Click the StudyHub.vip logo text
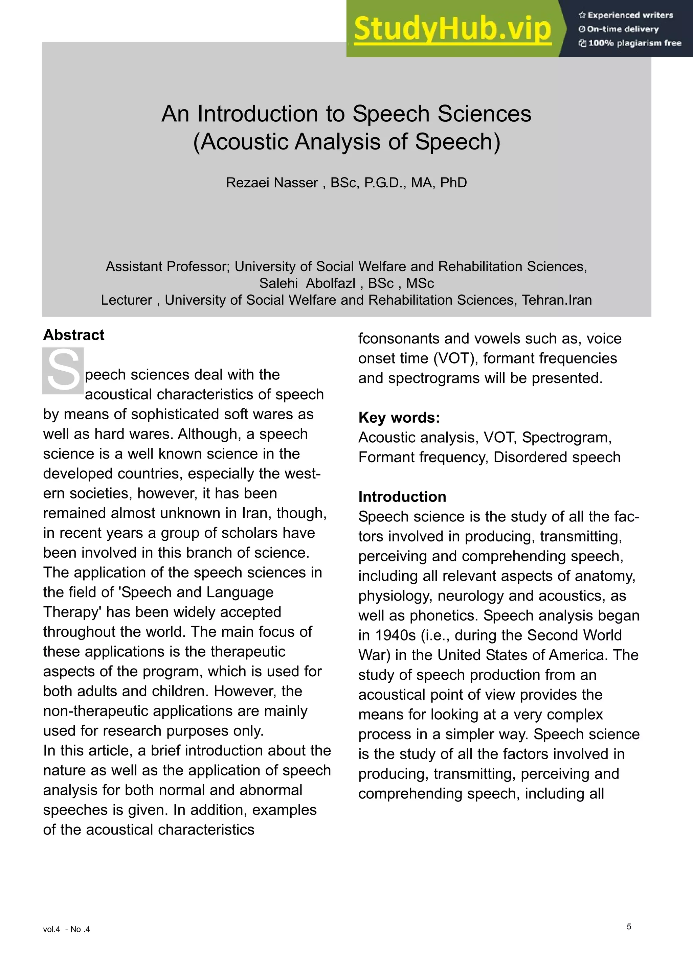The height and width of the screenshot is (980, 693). click(x=452, y=29)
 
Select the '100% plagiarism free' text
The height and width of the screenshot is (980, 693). click(x=634, y=43)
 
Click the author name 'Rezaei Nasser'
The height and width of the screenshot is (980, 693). click(x=272, y=183)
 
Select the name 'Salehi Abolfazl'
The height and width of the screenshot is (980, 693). click(x=307, y=283)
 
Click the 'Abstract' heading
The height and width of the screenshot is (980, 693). click(x=73, y=335)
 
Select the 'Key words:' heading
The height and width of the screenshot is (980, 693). click(x=399, y=417)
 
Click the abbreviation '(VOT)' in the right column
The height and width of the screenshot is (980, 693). click(x=455, y=358)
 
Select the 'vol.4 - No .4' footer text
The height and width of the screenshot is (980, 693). click(x=67, y=929)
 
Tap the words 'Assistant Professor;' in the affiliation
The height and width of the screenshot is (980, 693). click(x=168, y=266)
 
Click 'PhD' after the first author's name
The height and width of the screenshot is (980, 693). click(x=453, y=183)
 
